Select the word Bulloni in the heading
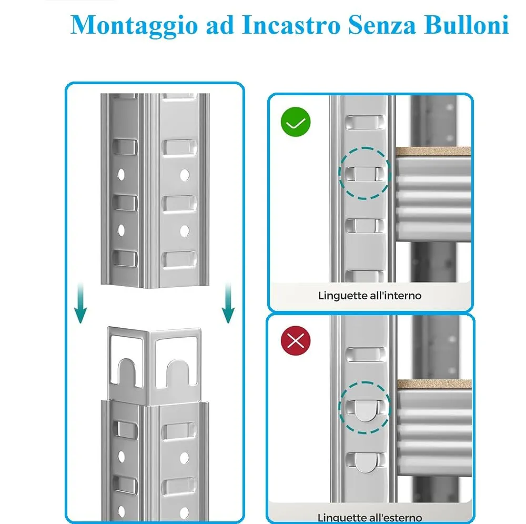point(467,25)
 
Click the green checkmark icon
point(296,122)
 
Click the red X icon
point(296,341)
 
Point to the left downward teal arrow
point(80,304)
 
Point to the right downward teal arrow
point(228,304)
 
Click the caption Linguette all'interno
point(370,296)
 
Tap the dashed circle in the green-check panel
point(365,173)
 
